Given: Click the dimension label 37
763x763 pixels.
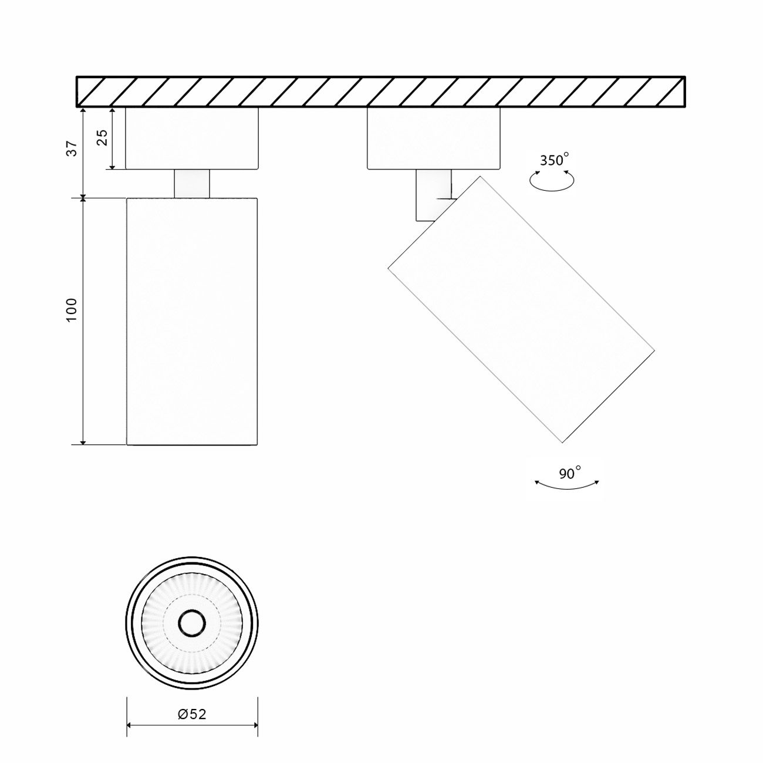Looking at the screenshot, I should tap(72, 149).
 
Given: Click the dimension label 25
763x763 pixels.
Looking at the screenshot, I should tap(102, 137).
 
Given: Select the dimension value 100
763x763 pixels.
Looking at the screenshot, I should tap(72, 309).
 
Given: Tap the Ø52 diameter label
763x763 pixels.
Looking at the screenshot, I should tap(192, 714).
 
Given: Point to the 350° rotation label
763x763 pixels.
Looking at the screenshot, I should tap(554, 160).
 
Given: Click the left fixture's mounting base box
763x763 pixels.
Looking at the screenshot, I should tap(192, 139).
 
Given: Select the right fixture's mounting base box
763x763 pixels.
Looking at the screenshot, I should tap(433, 139).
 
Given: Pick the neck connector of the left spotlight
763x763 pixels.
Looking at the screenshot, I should tap(192, 183).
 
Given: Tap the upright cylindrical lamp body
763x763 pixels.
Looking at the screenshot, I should tap(192, 321).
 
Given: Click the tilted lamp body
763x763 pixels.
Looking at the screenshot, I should tap(521, 309).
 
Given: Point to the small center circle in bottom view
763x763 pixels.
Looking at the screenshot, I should tap(192, 623).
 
